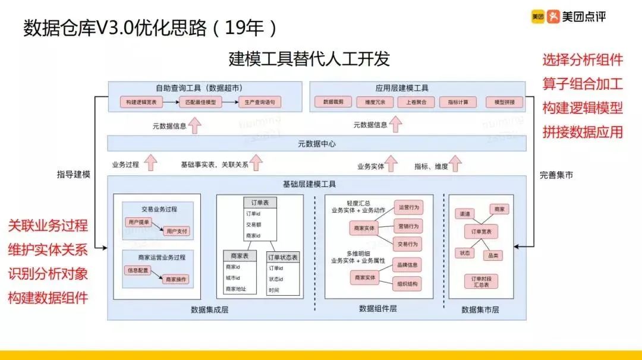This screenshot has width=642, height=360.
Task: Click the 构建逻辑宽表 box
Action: click(x=141, y=102)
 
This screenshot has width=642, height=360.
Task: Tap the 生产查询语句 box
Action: click(x=259, y=102)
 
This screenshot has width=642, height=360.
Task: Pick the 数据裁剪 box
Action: click(x=333, y=102)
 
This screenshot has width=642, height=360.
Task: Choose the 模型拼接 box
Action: click(x=504, y=102)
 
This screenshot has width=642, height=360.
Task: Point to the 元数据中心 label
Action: click(x=317, y=144)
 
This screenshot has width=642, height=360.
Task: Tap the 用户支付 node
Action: click(x=177, y=230)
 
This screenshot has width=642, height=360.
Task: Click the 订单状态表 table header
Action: click(x=282, y=257)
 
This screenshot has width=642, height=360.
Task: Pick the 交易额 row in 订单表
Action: click(x=254, y=225)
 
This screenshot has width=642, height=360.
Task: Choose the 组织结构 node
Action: click(x=408, y=284)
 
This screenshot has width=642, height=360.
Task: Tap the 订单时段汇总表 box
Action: click(x=481, y=282)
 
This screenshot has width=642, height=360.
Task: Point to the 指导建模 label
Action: click(x=74, y=174)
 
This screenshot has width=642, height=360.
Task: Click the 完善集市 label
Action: click(x=556, y=175)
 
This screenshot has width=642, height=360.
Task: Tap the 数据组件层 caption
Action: click(x=378, y=308)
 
